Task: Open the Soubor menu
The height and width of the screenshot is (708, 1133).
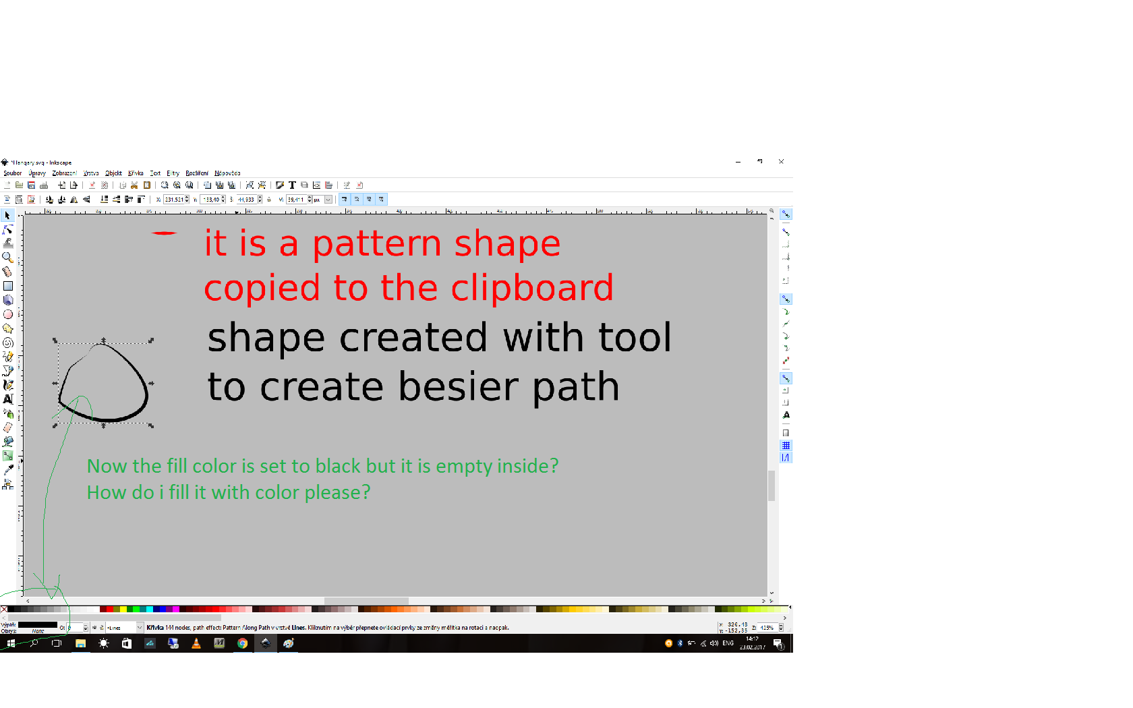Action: coord(12,173)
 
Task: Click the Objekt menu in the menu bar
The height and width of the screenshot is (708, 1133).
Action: coord(113,173)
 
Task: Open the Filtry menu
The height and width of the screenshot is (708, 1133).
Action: coord(173,173)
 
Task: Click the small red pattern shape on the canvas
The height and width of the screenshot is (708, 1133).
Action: coord(164,233)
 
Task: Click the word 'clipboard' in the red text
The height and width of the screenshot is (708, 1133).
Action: coord(532,289)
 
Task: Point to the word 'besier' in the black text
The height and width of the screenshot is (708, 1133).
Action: coord(459,387)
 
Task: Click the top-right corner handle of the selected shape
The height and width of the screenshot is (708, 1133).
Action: coord(151,341)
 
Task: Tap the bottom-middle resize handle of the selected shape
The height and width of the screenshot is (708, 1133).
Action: coord(103,426)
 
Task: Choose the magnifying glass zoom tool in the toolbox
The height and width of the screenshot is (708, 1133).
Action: coord(7,258)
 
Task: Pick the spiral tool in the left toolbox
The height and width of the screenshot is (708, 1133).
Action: coord(8,343)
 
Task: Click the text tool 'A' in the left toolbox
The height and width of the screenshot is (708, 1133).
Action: coord(8,399)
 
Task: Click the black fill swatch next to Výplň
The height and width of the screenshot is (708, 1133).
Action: coord(38,625)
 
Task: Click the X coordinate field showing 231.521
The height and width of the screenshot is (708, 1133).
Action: coord(174,200)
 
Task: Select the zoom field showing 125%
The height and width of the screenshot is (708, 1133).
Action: coord(767,628)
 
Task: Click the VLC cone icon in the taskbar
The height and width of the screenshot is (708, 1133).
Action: coord(196,643)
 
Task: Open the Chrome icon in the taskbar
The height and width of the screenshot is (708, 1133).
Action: coord(242,643)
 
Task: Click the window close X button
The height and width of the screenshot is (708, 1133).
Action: coord(781,162)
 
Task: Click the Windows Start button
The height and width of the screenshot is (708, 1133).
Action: coord(11,643)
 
